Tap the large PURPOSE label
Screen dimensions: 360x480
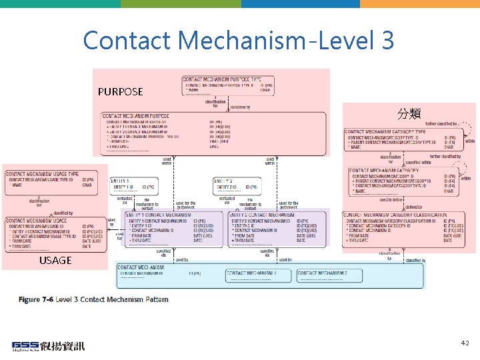point(120,91)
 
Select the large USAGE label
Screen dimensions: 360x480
point(55,260)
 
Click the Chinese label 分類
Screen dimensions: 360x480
point(408,113)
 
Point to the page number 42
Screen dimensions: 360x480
point(465,343)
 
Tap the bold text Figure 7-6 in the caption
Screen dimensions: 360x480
point(37,300)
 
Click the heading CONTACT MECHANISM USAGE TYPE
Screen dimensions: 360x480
point(43,174)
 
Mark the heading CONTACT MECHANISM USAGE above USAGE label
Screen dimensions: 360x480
point(37,221)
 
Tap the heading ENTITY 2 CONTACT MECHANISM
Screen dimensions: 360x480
point(262,215)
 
